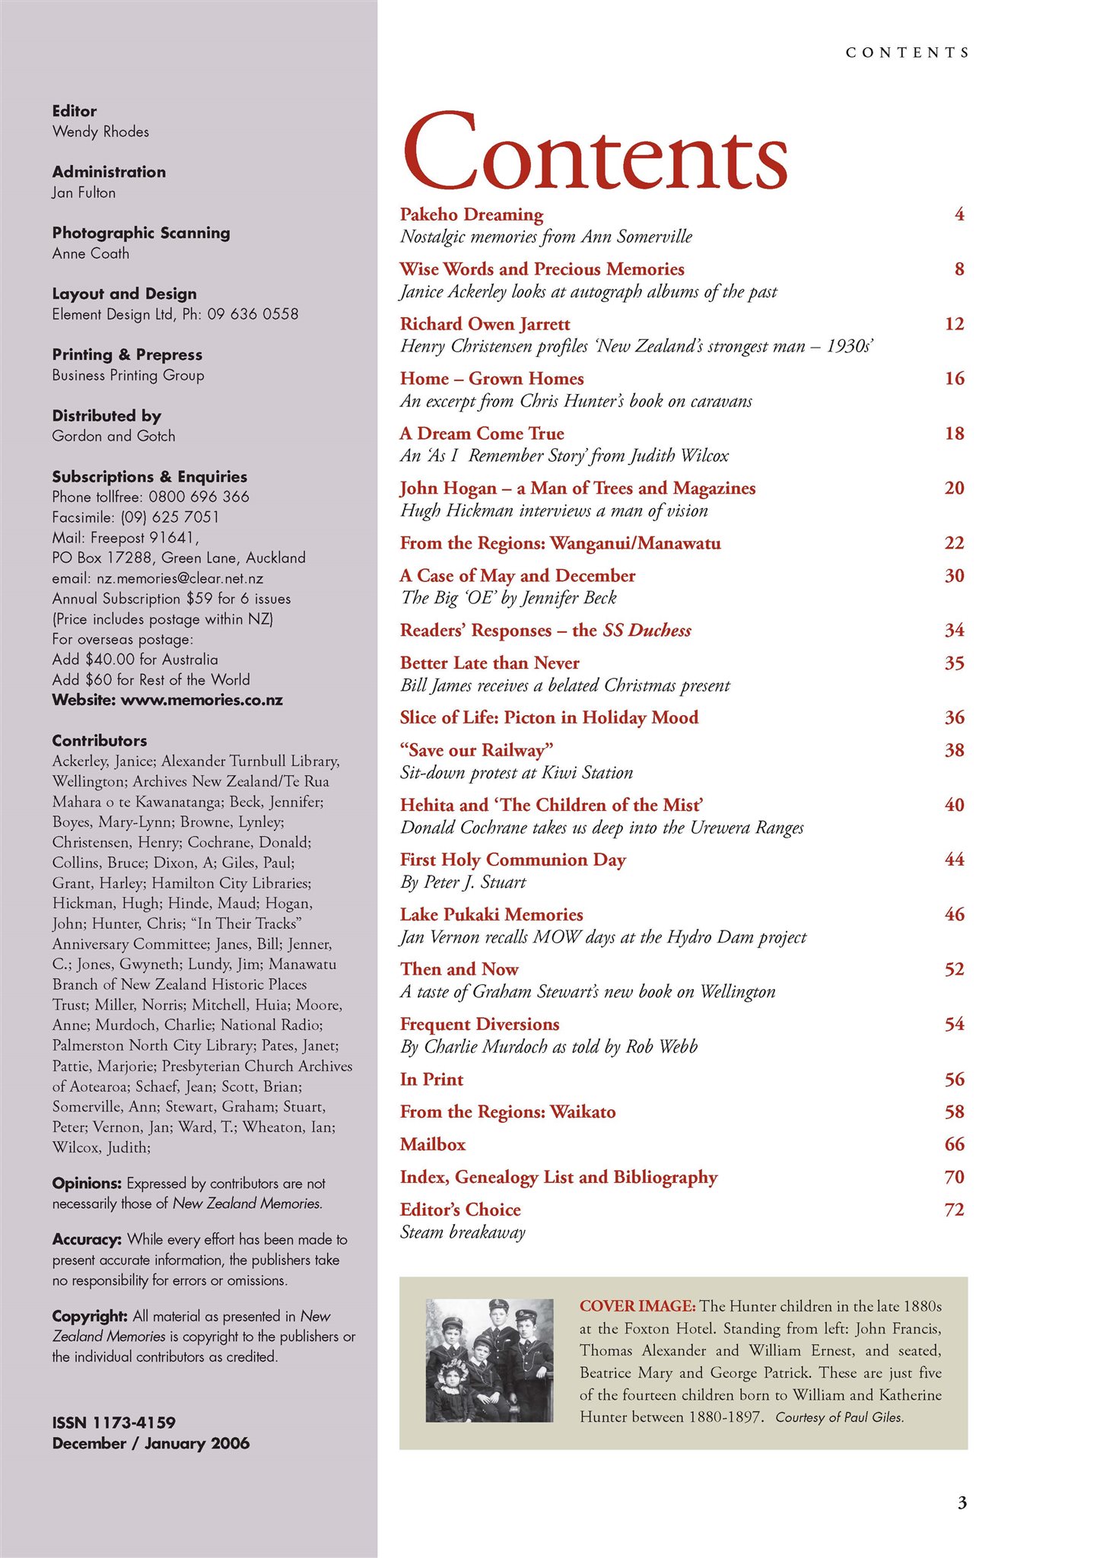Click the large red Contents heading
pos(594,152)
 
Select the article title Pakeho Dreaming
pos(472,215)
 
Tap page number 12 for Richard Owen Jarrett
pos(954,324)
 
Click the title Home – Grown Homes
pos(491,379)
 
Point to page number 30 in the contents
pos(954,576)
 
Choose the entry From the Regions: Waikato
pos(507,1112)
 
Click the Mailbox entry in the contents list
pos(432,1145)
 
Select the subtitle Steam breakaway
pos(463,1232)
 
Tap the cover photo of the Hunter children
pos(489,1361)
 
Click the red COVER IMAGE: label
pos(637,1306)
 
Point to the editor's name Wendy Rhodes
pos(100,132)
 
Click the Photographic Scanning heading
pos(141,233)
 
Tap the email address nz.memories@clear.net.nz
pos(180,578)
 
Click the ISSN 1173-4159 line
pos(113,1423)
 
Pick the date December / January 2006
pos(151,1443)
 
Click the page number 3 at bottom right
pos(962,1503)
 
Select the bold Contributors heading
pos(100,741)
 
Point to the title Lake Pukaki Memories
pos(491,915)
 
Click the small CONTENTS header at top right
pos(907,52)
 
